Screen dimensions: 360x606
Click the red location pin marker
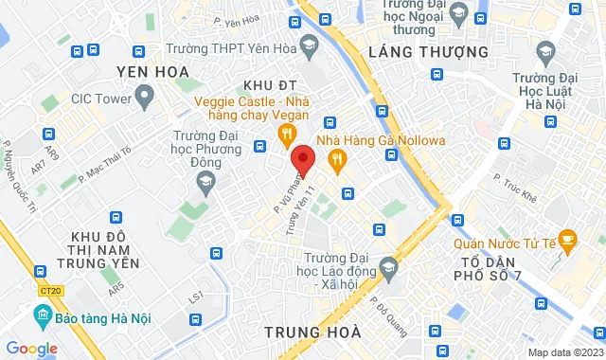tap(303, 158)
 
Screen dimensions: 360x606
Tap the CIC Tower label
tap(98, 96)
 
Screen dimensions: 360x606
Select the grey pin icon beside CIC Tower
tap(145, 95)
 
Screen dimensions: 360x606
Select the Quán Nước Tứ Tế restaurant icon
tap(568, 237)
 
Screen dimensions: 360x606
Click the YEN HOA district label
tap(152, 71)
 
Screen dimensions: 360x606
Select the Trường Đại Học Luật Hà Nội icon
tap(545, 49)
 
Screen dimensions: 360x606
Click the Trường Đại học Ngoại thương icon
tap(459, 12)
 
